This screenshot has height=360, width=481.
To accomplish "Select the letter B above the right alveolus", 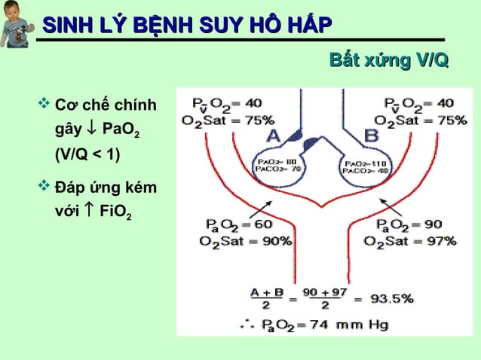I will pos(372,136).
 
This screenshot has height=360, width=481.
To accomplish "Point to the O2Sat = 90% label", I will pos(234,241).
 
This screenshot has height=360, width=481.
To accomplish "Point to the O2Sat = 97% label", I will pos(409,241).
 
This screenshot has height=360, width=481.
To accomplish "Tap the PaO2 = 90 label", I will pos(411,224).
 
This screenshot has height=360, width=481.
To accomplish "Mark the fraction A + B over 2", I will pos(265,299).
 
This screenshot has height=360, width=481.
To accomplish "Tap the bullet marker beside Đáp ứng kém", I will pos(43,184).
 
